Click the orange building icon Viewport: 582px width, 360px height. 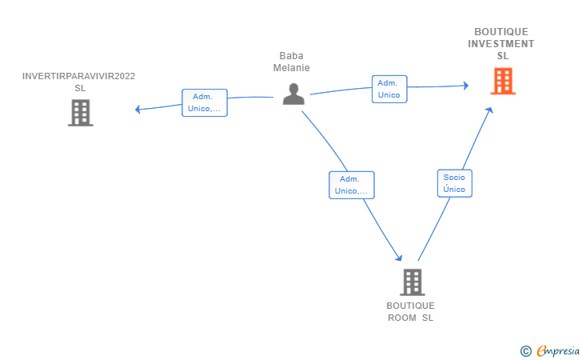tap(503, 81)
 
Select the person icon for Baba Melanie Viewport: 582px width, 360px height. tap(293, 94)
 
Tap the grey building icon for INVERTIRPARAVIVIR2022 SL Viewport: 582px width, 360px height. tap(81, 113)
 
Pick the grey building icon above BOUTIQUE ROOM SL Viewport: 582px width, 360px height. tap(413, 282)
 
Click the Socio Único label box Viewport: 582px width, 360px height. tap(455, 183)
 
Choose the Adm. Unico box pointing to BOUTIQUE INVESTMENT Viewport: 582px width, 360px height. tap(389, 89)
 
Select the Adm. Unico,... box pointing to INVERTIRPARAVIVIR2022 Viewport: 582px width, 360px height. tap(205, 103)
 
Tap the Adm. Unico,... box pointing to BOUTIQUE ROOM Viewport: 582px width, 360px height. tap(352, 185)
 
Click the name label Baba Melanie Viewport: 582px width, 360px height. tap(291, 62)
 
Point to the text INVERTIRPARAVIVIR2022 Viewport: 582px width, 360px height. tap(78, 76)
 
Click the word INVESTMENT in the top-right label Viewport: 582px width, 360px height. tap(500, 44)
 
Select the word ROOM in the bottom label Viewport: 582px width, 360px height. tap(402, 318)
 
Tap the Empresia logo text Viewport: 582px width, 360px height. tap(558, 350)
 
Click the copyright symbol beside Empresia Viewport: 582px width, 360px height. tap(525, 351)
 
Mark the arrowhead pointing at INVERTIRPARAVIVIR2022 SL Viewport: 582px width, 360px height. tap(138, 110)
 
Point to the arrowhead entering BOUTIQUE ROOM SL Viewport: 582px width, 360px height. tap(399, 258)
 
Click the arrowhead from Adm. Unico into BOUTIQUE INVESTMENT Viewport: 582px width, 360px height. tap(466, 86)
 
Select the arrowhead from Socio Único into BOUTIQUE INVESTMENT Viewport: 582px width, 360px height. tap(489, 110)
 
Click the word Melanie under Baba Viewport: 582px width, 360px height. tap(291, 68)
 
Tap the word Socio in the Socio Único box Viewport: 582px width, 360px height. tap(454, 178)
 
